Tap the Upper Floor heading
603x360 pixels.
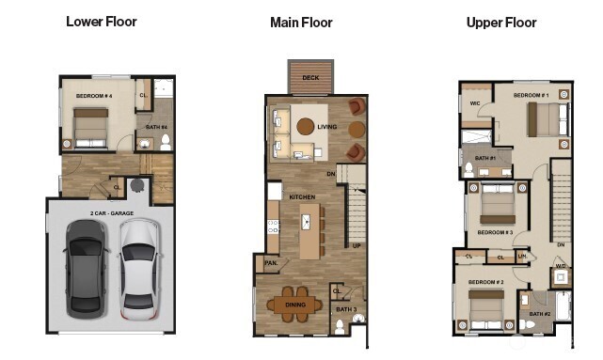tap(501, 22)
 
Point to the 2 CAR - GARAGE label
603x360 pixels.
tap(111, 213)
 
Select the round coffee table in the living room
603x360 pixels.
tap(307, 126)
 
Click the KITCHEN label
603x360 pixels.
tap(303, 196)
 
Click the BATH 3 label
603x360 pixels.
tap(346, 308)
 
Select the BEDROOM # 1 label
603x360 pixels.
tap(531, 96)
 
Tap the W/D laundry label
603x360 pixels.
tap(561, 266)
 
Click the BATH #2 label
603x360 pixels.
tap(539, 314)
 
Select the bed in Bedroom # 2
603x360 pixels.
tap(486, 305)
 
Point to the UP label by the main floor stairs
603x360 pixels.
tap(357, 245)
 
